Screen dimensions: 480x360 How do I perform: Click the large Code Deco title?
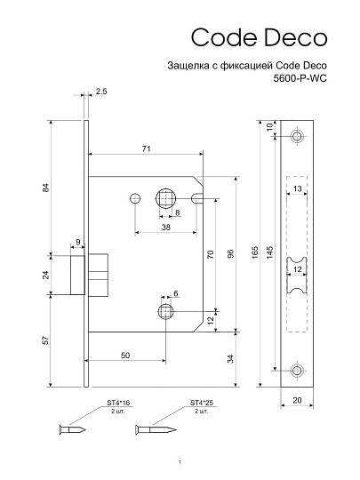(259, 36)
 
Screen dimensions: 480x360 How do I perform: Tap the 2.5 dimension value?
(101, 92)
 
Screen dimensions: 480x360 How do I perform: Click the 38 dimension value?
(166, 227)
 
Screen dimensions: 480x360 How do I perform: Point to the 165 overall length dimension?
(254, 252)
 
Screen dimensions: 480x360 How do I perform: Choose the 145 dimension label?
(268, 252)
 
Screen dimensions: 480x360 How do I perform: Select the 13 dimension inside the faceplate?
(297, 189)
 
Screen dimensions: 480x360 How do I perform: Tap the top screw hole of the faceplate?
(297, 135)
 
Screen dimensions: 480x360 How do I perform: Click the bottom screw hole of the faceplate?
(297, 370)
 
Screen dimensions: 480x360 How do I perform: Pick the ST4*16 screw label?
(119, 404)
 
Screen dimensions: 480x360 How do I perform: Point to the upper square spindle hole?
(166, 196)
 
